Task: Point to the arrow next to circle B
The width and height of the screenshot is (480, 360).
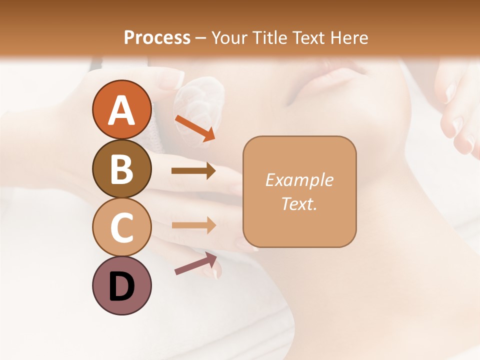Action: [193, 171]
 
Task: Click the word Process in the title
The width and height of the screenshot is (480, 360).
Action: [157, 37]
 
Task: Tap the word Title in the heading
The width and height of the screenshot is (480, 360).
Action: [270, 37]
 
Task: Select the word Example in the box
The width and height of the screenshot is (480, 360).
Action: [299, 180]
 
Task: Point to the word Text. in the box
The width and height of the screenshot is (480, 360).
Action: [299, 203]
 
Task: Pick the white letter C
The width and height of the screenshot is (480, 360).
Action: [121, 227]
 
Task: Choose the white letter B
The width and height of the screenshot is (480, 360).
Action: [121, 169]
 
